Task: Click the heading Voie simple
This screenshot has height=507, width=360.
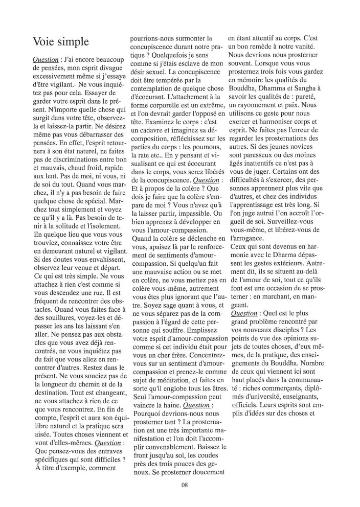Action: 60,42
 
